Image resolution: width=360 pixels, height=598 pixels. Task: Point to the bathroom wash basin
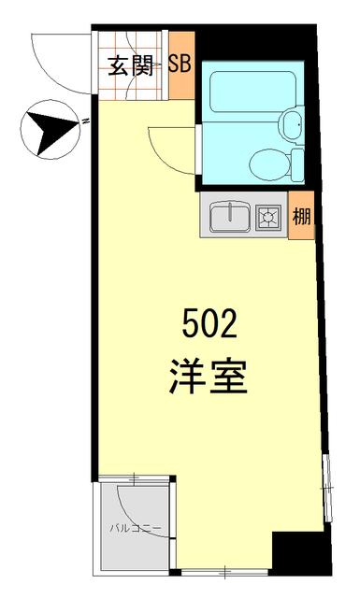point(291,121)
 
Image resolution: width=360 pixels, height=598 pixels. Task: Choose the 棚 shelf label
point(301,218)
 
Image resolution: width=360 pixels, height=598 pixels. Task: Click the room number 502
point(209,328)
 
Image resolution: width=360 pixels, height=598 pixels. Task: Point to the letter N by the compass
point(83,121)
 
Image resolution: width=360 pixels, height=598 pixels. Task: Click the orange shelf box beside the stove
point(301,224)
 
